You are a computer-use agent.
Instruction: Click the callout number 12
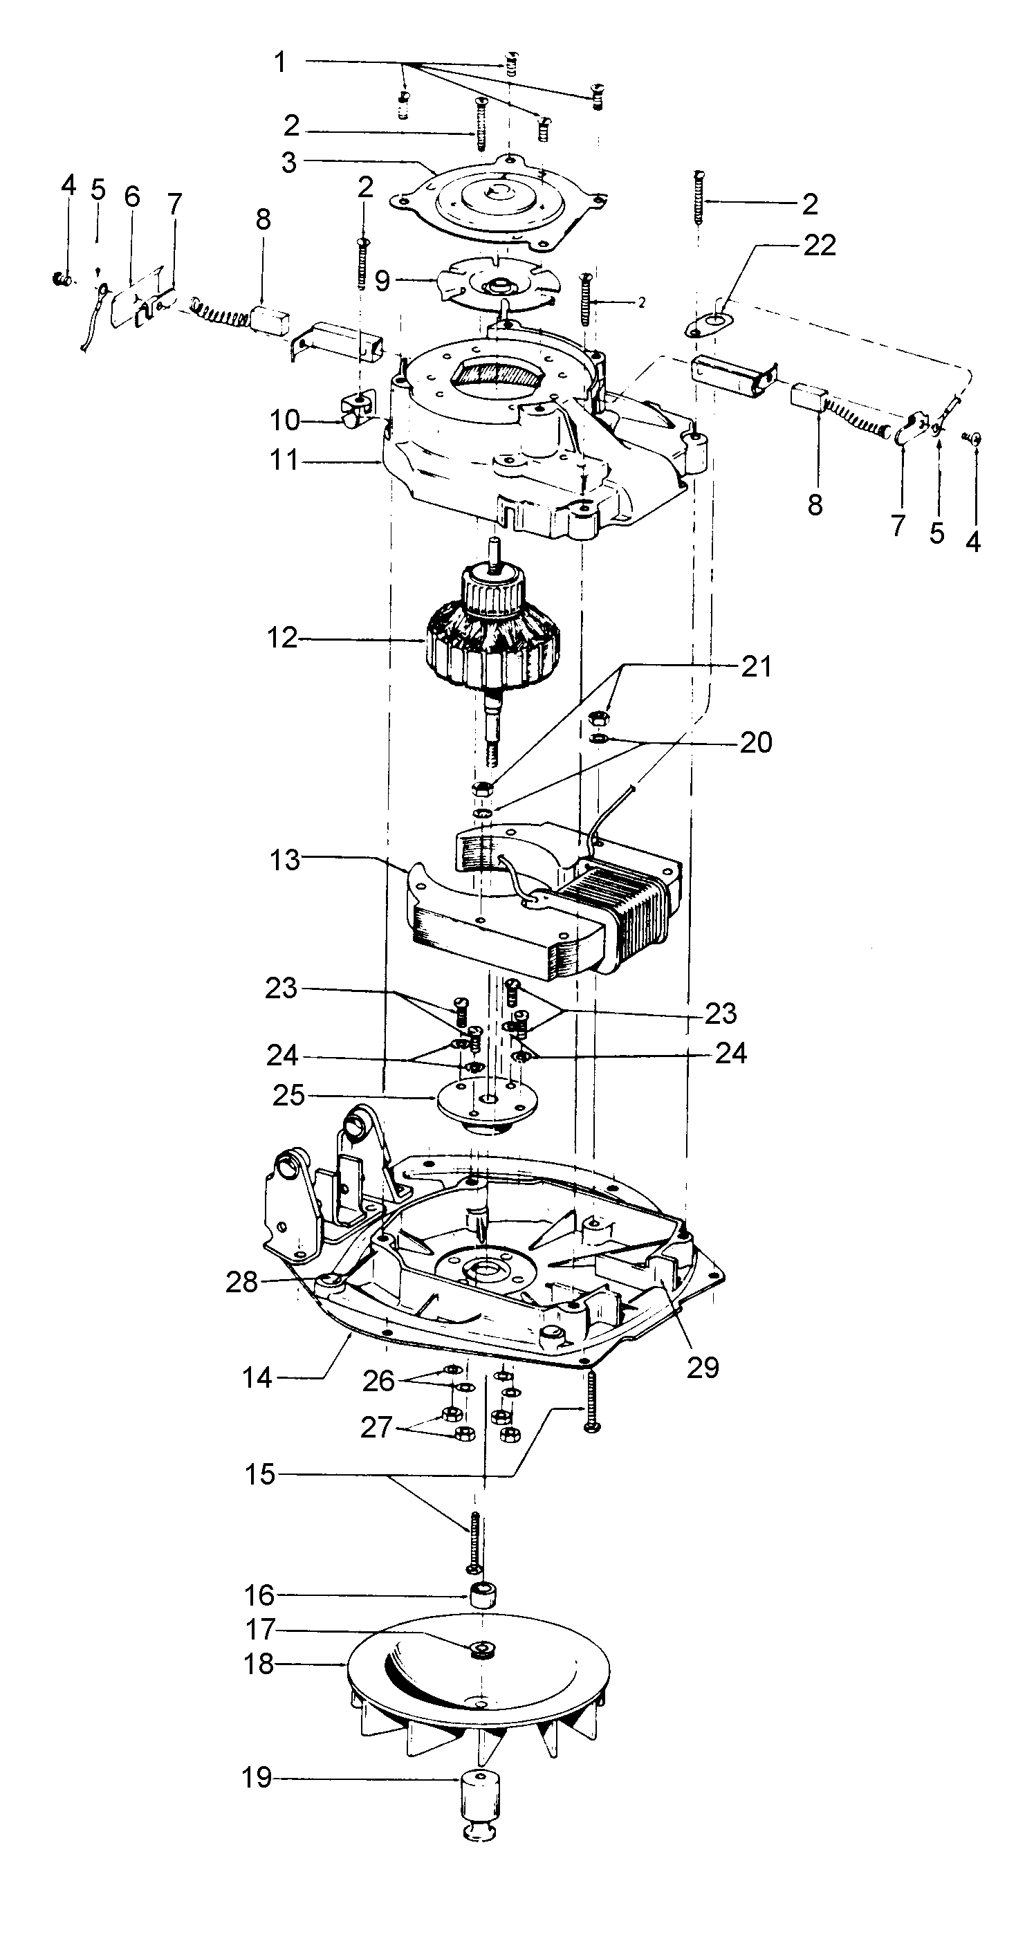(x=282, y=639)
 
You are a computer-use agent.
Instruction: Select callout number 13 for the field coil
(x=285, y=859)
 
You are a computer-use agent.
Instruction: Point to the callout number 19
(x=257, y=1778)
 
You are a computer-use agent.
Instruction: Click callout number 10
(x=285, y=421)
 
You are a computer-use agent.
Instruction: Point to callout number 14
(x=257, y=1377)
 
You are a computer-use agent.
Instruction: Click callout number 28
(x=242, y=1282)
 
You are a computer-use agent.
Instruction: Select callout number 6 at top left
(x=132, y=197)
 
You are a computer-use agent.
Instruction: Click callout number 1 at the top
(x=279, y=62)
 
